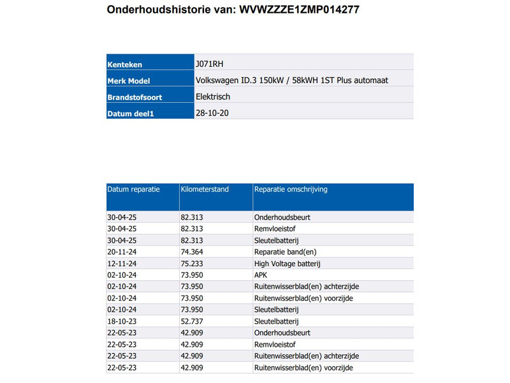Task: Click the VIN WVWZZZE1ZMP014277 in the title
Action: tap(303, 10)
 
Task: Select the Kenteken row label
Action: tap(125, 64)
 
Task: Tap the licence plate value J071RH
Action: tap(210, 64)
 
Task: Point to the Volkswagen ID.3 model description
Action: tap(292, 80)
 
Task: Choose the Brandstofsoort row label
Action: tap(135, 97)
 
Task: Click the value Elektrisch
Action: tap(213, 97)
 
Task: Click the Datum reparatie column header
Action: tap(133, 190)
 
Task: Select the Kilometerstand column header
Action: tap(205, 190)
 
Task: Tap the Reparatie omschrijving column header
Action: tap(291, 190)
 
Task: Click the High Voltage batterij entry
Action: tap(287, 264)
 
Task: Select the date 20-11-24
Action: tap(122, 252)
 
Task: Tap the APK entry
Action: tap(261, 275)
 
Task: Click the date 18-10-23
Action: tap(122, 321)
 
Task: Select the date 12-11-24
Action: tap(122, 264)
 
